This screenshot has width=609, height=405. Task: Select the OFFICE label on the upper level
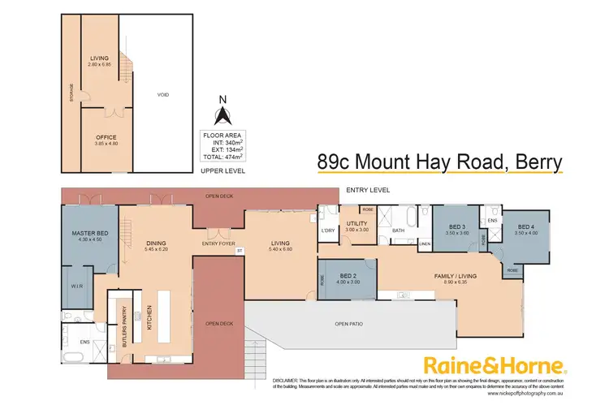(x=107, y=138)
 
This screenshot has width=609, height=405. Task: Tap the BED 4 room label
(x=526, y=227)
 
